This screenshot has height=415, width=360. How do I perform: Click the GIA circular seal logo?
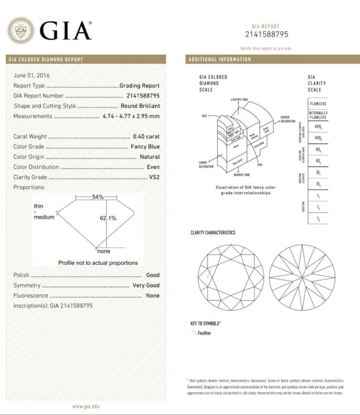click(21, 30)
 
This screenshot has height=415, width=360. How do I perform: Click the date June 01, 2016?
click(31, 75)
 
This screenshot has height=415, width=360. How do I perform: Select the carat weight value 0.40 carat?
click(146, 136)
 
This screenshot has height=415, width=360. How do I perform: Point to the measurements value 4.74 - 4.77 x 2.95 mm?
click(131, 116)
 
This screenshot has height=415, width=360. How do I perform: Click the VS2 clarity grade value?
click(154, 177)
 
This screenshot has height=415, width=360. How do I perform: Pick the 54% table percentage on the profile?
click(97, 197)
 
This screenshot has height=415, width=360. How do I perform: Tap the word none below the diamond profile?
click(104, 251)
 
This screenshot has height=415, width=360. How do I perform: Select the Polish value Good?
click(152, 276)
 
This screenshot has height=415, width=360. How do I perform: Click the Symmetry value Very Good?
click(146, 286)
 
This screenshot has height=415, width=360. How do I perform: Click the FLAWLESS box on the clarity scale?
click(318, 104)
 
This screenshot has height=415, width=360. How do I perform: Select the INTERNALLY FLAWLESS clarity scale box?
click(318, 115)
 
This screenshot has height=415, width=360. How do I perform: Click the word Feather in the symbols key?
click(204, 333)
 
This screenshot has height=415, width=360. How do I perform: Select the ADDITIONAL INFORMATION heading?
click(220, 59)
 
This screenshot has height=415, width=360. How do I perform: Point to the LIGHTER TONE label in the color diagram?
click(241, 99)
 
